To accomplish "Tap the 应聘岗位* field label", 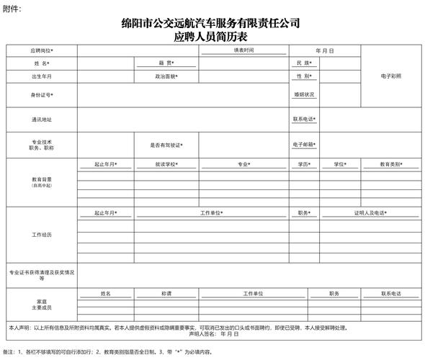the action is click(42, 51).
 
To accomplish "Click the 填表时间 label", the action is click(243, 50).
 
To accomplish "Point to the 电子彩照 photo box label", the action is click(391, 76).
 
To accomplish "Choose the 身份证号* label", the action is click(42, 94).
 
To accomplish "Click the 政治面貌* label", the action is click(166, 76).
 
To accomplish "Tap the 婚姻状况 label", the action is click(304, 94).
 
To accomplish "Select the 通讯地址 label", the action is click(42, 120).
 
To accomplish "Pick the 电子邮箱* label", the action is click(304, 145).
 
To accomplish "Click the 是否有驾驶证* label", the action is click(166, 145).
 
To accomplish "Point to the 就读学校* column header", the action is click(166, 164).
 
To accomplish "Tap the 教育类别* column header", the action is click(391, 164).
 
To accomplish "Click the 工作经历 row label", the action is click(42, 235).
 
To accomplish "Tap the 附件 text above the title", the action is click(12, 8).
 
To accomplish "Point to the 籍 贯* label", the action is click(166, 63).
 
